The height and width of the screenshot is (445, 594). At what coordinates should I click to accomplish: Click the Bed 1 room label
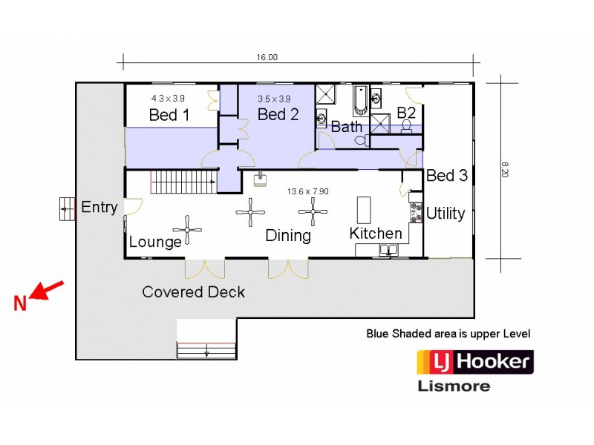169,115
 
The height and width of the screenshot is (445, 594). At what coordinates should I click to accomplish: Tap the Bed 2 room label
278,114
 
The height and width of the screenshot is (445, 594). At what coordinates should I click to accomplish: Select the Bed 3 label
447,176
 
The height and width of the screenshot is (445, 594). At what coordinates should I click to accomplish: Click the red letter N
20,303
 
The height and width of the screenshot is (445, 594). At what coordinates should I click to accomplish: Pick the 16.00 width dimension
267,57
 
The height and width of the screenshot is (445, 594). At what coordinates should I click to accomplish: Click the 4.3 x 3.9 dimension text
169,98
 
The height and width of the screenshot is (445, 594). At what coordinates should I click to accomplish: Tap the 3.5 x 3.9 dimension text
274,99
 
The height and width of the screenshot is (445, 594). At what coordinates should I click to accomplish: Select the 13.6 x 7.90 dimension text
308,191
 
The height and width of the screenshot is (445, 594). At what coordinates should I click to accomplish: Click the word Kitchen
376,234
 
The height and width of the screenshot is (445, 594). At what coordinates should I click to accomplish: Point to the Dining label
288,236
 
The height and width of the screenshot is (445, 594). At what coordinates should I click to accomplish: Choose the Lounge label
155,243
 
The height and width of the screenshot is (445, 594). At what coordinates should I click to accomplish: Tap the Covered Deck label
194,291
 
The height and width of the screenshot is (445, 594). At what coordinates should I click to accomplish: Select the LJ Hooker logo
474,362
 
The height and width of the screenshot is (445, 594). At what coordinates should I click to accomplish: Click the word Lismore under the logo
454,386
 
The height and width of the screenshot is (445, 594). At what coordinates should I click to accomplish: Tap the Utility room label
446,214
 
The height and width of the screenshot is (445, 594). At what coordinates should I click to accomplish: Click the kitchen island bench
363,210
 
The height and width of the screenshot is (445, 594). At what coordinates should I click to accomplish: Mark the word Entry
99,207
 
